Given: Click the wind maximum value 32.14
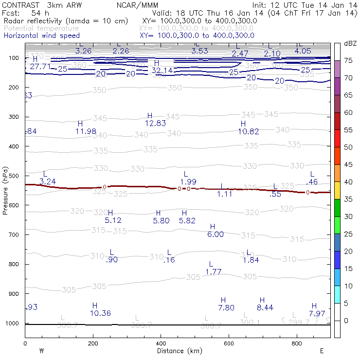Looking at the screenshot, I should (x=162, y=71).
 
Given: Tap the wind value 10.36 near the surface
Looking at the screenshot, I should (x=100, y=313).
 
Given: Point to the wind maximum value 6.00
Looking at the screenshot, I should (x=216, y=234).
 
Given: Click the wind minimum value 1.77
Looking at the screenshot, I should (x=214, y=271).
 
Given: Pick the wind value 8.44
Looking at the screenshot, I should (x=265, y=307).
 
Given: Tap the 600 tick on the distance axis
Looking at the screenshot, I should (x=229, y=344).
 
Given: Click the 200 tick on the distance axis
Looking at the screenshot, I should (x=93, y=344).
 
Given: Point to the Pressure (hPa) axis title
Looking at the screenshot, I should (x=5, y=190).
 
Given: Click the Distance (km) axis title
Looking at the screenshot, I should (x=178, y=351).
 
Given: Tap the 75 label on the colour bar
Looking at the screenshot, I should (x=349, y=61).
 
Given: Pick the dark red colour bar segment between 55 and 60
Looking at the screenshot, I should (x=337, y=121).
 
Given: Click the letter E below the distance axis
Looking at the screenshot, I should (x=322, y=351).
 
